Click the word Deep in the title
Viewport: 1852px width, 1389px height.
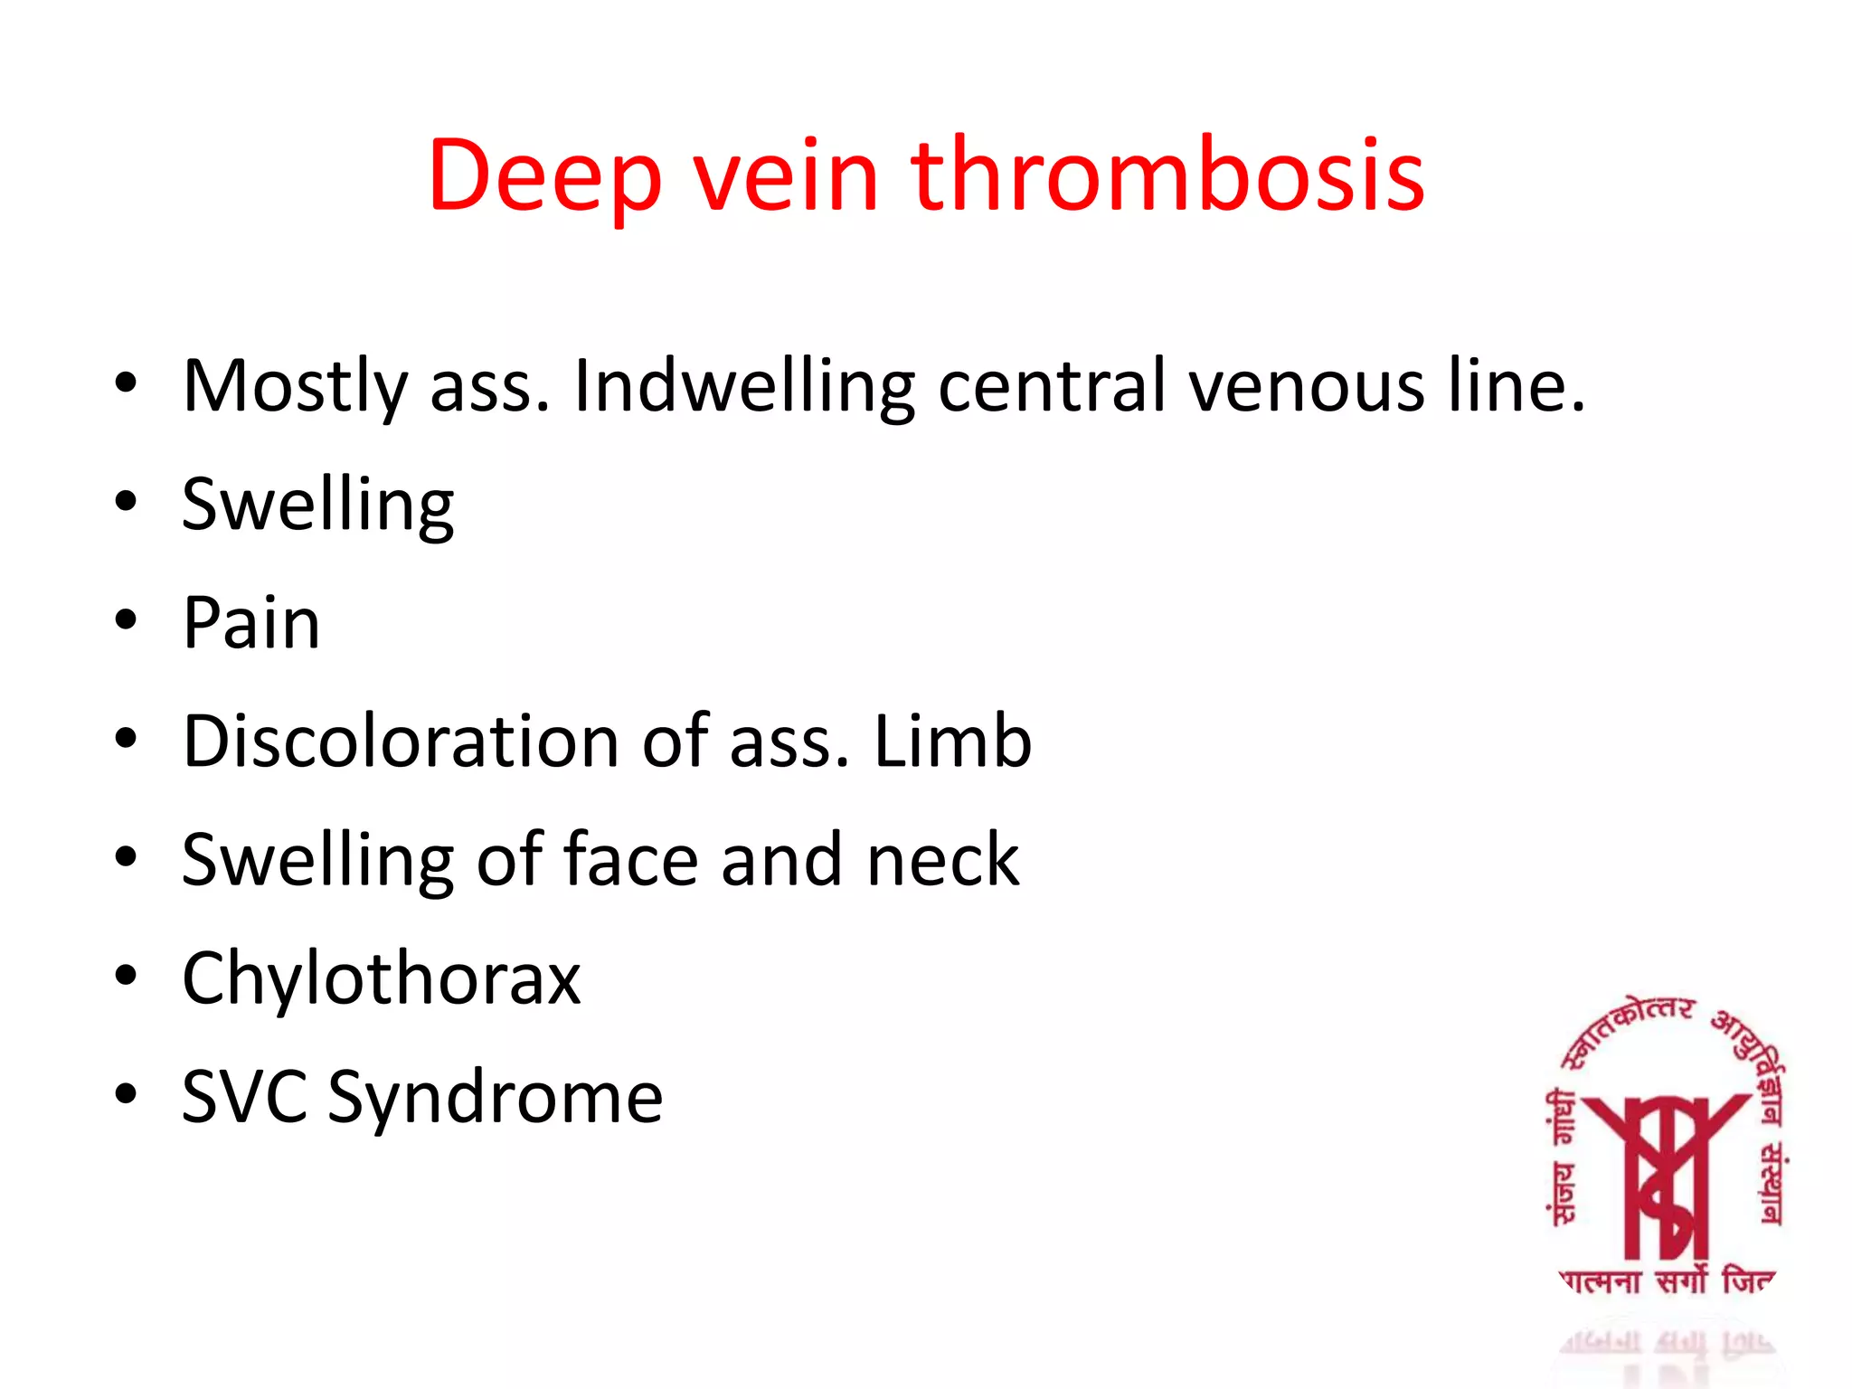[544, 176]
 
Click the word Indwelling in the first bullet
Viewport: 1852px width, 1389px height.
[744, 387]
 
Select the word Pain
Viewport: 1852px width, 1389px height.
[251, 623]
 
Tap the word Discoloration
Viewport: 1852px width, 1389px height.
[401, 742]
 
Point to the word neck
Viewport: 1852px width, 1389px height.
[942, 860]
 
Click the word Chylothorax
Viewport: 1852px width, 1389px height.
[381, 978]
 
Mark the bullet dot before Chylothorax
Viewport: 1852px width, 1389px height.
[126, 976]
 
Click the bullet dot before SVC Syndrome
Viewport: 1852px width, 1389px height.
[126, 1094]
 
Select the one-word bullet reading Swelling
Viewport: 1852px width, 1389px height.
[317, 506]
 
